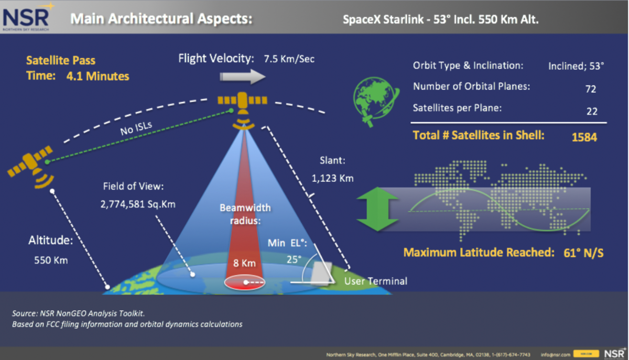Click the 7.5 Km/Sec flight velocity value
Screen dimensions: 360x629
tap(289, 59)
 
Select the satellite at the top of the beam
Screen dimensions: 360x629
tap(242, 102)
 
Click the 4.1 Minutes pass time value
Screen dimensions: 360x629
tap(97, 76)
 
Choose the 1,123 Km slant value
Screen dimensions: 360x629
tap(332, 178)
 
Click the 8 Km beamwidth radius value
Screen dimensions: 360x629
tap(244, 263)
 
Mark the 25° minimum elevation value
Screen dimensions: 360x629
tap(294, 259)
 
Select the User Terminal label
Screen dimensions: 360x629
tap(375, 281)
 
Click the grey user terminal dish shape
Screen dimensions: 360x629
tap(319, 272)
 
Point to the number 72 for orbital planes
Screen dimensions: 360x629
tap(591, 89)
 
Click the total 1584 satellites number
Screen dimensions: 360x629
tap(584, 137)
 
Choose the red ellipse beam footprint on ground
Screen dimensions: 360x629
tap(245, 282)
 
